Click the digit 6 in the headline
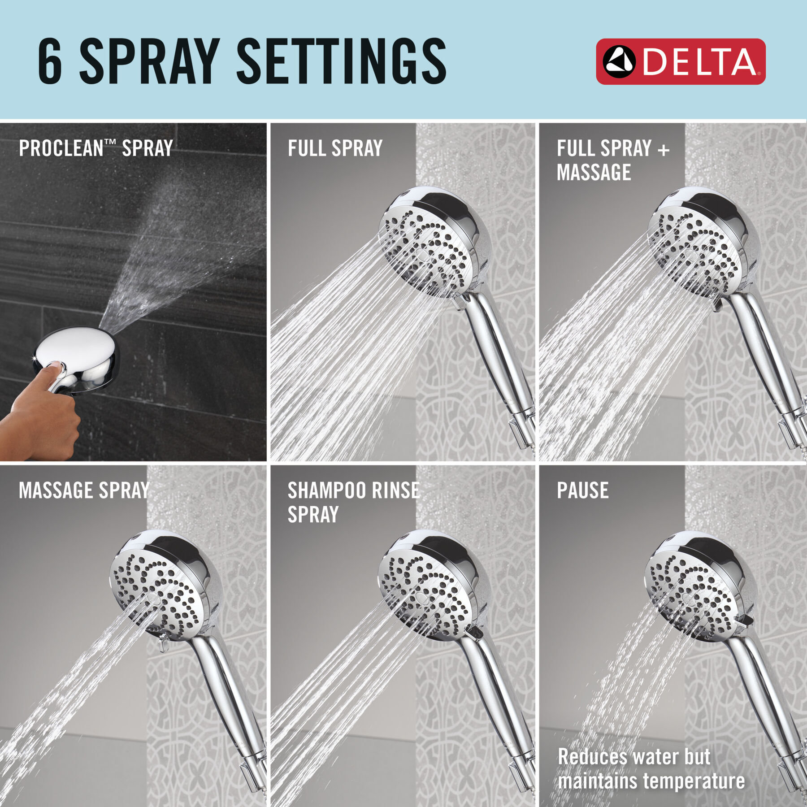(x=50, y=61)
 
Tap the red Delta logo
(x=680, y=61)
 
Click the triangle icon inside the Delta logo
(x=619, y=62)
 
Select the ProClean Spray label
(x=95, y=148)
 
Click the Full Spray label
(x=335, y=148)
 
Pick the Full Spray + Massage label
(x=612, y=160)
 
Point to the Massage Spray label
(x=84, y=490)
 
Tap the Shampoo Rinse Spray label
(x=353, y=502)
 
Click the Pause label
(x=582, y=490)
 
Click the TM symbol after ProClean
(x=110, y=142)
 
